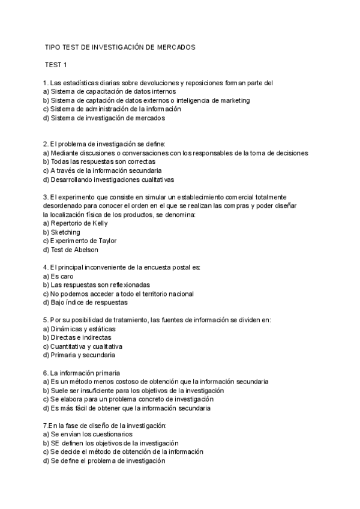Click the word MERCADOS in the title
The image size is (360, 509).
(175, 46)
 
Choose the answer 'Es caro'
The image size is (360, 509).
(62, 276)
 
